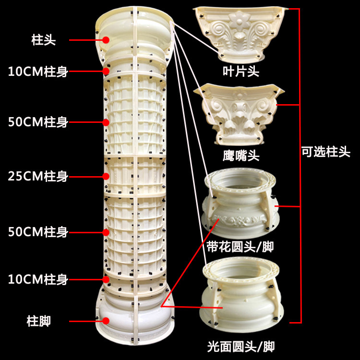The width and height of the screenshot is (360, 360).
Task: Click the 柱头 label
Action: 44,40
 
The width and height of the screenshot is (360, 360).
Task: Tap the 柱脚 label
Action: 38,321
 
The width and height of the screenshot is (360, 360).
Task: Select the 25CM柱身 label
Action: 38,176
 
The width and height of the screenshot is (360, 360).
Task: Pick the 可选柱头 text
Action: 326,153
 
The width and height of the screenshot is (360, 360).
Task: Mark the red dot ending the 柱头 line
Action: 105,40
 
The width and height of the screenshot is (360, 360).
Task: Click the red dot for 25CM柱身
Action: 105,176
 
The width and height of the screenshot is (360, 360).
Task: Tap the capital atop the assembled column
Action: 135,36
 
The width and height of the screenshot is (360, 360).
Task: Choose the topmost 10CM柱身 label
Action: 38,72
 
